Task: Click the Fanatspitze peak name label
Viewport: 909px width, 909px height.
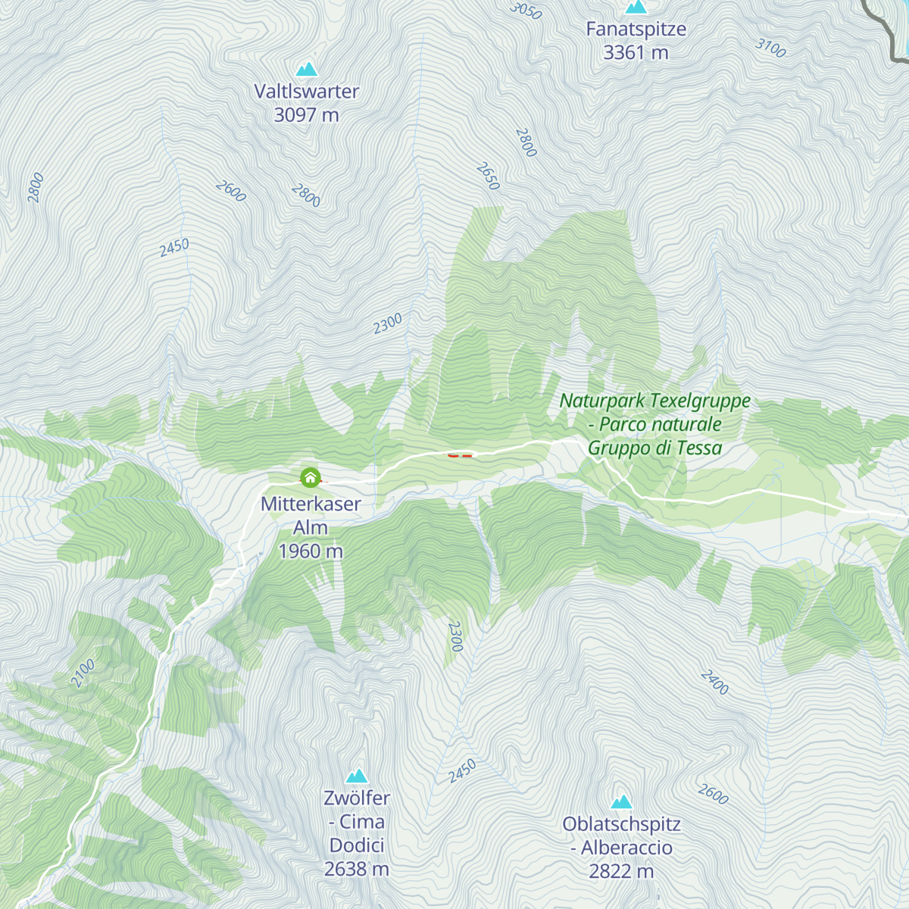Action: tap(636, 30)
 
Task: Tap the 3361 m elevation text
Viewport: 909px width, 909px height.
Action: tap(636, 53)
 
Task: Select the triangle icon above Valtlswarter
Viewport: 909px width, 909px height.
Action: tap(307, 70)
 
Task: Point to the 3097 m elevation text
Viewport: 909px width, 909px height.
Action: tap(306, 115)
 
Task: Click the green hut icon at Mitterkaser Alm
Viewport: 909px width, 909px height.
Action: tap(310, 478)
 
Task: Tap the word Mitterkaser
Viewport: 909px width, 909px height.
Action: tap(311, 504)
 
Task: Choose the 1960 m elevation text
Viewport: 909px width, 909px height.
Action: tap(311, 551)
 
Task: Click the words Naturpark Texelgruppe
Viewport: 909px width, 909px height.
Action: tap(654, 401)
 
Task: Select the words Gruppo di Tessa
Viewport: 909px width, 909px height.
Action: tap(654, 448)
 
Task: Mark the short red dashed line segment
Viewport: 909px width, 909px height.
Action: tap(460, 456)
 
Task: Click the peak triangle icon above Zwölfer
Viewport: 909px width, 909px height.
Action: tap(357, 776)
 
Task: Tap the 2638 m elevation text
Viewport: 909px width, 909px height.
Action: tap(357, 869)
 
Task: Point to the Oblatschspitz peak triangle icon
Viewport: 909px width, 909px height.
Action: tap(621, 801)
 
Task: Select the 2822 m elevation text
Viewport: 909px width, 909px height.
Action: tap(621, 871)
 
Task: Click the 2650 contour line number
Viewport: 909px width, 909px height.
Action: tap(488, 176)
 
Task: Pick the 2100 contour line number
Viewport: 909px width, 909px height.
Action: tap(83, 673)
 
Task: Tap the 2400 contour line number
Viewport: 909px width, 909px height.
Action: tap(714, 683)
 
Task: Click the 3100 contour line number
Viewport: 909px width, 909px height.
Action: tap(770, 48)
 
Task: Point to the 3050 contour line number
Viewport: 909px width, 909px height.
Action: tap(526, 11)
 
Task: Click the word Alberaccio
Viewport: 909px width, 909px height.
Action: tap(626, 848)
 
